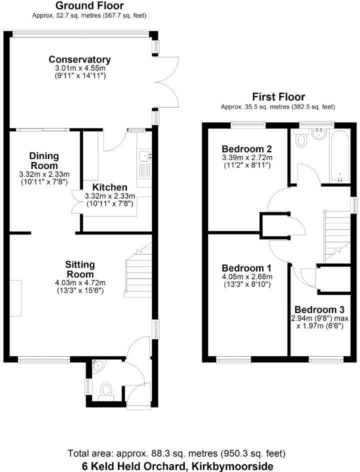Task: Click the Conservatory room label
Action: [79, 59]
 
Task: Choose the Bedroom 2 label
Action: [246, 149]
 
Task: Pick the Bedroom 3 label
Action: [319, 309]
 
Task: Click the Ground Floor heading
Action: [89, 6]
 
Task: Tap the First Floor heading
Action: [278, 97]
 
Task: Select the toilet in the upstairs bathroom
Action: [301, 140]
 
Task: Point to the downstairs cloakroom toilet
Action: [106, 390]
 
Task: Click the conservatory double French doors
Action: [166, 80]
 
